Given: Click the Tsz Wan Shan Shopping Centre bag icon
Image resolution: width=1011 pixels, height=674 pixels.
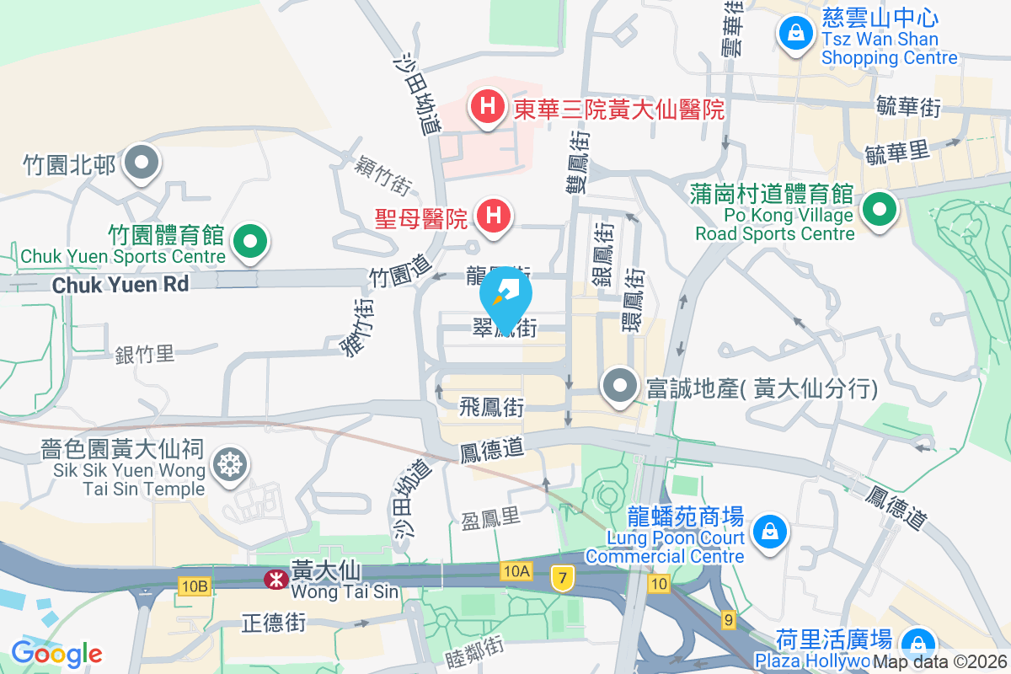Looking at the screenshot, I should coord(794,33).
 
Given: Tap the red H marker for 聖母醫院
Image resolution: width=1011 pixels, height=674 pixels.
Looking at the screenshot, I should coord(495,216).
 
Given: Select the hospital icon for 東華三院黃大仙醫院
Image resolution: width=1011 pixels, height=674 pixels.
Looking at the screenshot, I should coord(487,107).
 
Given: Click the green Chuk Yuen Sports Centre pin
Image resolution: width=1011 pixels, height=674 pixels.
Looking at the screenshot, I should coord(249,243).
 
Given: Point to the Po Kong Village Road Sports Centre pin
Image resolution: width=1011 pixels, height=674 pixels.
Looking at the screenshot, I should coord(880,206).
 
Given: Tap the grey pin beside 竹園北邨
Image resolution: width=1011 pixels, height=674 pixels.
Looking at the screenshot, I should coord(141,162).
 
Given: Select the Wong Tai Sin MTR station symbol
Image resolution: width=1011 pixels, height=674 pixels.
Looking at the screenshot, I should coord(275,579).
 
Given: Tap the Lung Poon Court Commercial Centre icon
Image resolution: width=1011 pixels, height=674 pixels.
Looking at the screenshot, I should coord(769,531).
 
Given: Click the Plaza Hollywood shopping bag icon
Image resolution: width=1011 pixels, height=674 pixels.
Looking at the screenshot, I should coord(913,645).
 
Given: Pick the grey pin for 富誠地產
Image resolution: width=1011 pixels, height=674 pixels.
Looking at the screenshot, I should coord(622,387).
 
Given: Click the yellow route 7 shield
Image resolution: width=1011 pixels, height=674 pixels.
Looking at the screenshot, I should coord(561,577).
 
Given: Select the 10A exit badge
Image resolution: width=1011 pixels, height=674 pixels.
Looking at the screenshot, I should coord(516,572).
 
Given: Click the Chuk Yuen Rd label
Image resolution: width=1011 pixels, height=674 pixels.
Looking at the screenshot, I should coord(120,285).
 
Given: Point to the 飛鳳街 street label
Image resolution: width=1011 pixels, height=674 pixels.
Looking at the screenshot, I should coord(492,408).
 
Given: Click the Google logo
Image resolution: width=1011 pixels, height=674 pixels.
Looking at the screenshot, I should coord(56,653).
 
